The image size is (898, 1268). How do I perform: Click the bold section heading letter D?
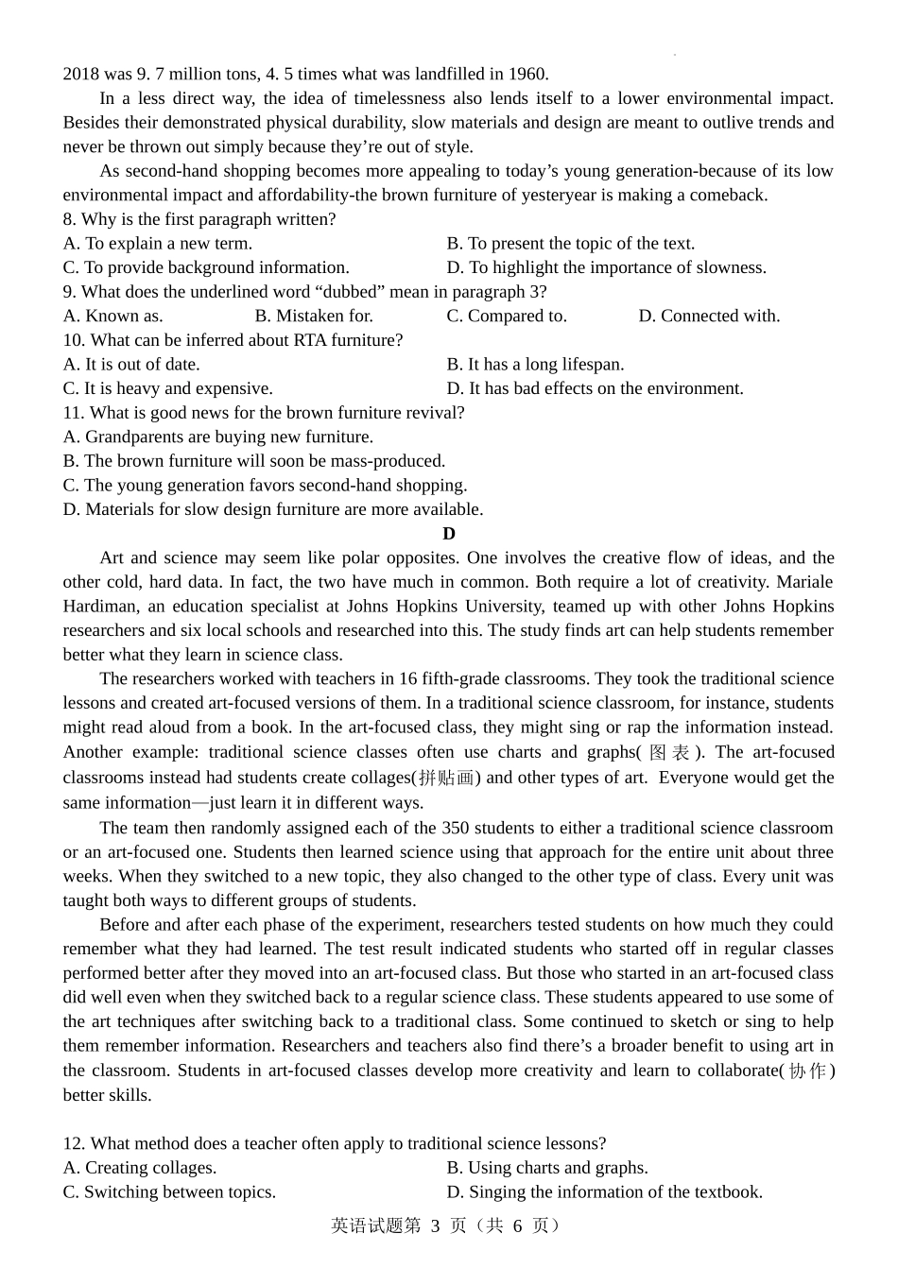point(449,534)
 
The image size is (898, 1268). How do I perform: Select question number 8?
point(69,219)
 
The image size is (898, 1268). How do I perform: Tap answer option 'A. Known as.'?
point(112,316)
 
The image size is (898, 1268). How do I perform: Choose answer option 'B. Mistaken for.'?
point(314,316)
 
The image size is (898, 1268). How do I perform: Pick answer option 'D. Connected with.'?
point(709,316)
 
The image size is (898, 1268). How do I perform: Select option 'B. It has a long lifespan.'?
point(535,365)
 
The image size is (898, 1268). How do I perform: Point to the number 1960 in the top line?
point(527,74)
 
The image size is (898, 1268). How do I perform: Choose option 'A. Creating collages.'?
point(140,1168)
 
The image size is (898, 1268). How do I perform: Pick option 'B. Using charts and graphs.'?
point(547,1168)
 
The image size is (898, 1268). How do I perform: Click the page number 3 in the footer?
point(436,1226)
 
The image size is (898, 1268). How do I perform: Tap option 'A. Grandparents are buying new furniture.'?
point(218,437)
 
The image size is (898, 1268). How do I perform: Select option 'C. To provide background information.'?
point(206,267)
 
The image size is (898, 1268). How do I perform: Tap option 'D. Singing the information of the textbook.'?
point(604,1192)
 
